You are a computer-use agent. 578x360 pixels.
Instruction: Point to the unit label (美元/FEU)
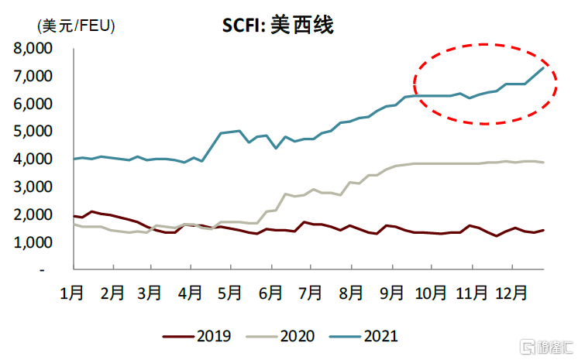[76, 26]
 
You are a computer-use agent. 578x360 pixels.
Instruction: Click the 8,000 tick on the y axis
[33, 49]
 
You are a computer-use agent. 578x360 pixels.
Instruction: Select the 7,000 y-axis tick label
[33, 77]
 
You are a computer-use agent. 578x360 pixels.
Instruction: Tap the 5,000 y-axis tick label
[33, 132]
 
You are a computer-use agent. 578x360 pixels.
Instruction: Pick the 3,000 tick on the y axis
[33, 187]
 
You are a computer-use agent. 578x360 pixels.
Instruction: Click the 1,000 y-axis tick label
[33, 243]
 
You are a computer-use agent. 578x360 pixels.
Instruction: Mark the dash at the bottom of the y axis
[44, 270]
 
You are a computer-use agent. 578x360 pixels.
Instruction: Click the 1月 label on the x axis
[72, 293]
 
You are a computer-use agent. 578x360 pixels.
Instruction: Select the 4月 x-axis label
[191, 293]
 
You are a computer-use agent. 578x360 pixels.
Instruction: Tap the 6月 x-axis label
[271, 293]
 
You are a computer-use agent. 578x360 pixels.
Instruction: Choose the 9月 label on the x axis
[391, 293]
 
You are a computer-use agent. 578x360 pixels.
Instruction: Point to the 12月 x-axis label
[511, 293]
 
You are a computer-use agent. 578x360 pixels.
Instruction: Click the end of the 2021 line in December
[544, 67]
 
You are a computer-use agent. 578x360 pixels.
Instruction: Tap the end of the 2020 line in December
[544, 162]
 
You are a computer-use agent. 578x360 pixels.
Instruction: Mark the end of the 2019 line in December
[544, 230]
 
